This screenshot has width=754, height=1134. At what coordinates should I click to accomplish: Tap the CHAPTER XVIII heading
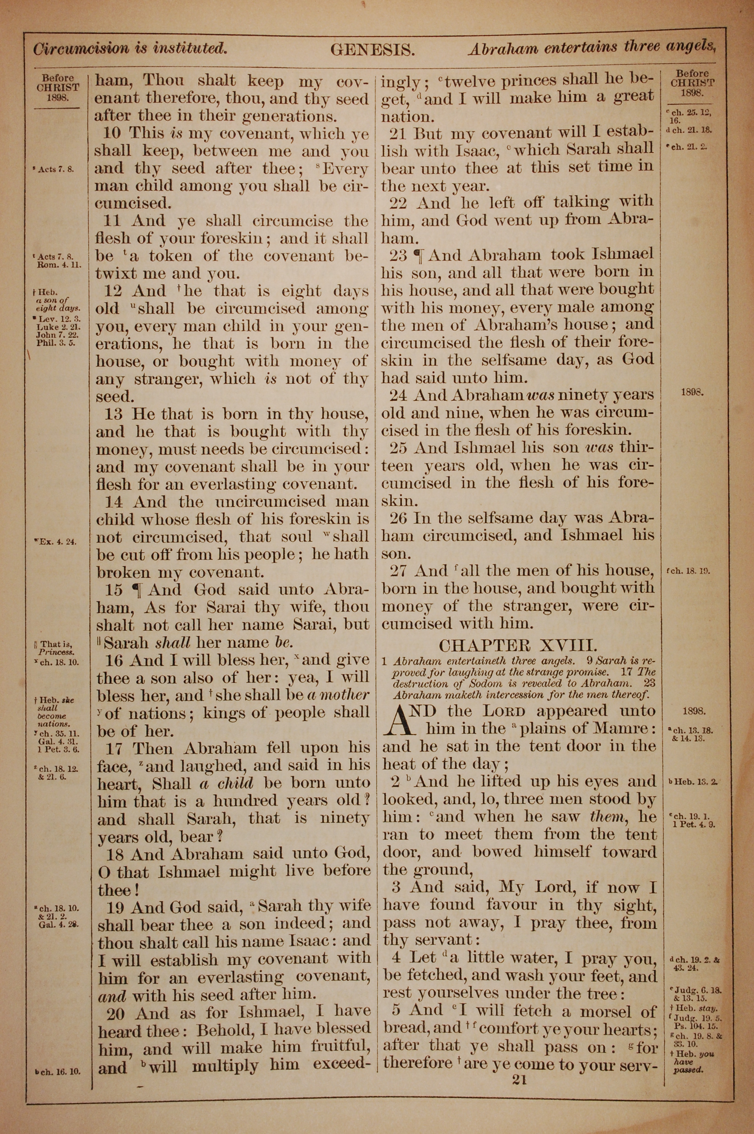click(x=518, y=645)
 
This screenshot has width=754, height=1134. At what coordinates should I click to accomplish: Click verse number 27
click(x=399, y=571)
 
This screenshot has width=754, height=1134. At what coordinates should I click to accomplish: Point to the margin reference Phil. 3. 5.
click(x=56, y=344)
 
